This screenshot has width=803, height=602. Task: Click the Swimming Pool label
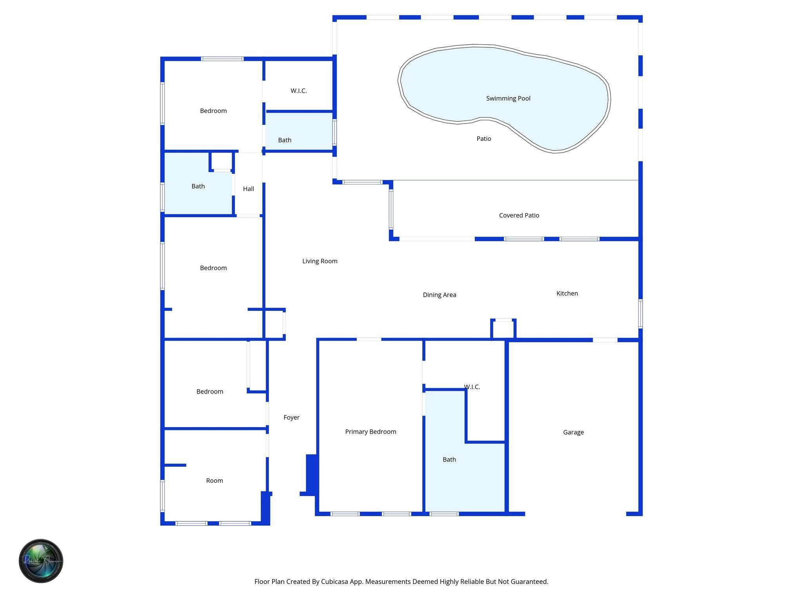click(508, 98)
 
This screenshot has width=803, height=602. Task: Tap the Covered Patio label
click(519, 215)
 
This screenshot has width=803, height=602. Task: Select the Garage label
click(573, 432)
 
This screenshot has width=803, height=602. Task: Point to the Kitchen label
click(567, 293)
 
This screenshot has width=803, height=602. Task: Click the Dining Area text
click(439, 295)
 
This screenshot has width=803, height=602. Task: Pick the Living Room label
click(320, 261)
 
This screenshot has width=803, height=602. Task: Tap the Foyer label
click(291, 417)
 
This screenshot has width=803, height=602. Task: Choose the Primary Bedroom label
click(371, 432)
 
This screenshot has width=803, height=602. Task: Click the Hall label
click(248, 189)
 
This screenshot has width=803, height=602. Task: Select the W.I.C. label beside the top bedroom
click(298, 91)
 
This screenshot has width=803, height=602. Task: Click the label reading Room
click(214, 481)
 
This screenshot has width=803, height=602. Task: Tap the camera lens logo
click(41, 561)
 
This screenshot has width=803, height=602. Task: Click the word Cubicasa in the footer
click(335, 582)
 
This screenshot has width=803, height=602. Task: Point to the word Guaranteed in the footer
click(527, 582)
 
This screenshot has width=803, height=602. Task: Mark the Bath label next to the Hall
click(198, 186)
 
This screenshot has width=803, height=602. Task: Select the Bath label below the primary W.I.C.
click(449, 459)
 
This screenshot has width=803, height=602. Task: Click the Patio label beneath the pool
click(483, 139)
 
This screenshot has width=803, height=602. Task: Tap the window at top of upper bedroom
click(222, 59)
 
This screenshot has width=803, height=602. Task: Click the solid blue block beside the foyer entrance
click(311, 474)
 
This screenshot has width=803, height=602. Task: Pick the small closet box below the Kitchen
click(503, 329)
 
